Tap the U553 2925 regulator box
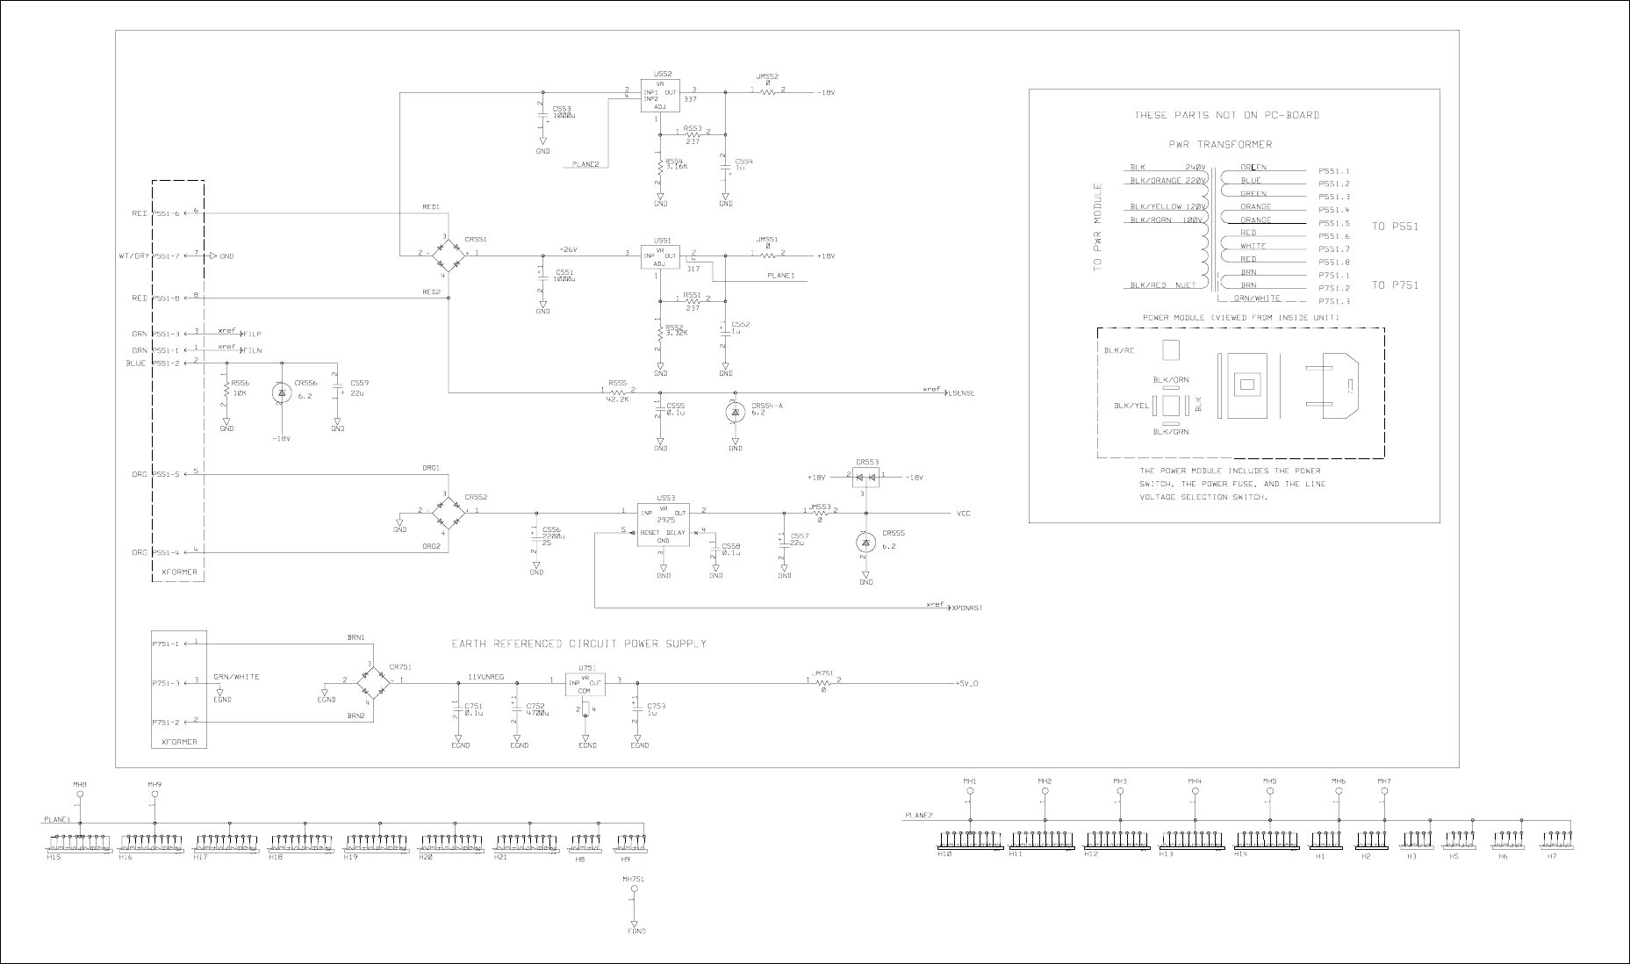tap(664, 523)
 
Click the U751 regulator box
tap(585, 686)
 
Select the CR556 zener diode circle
tap(282, 393)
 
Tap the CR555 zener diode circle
tap(865, 544)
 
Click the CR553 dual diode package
tap(866, 478)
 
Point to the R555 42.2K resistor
tap(618, 392)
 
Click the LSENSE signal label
tap(960, 393)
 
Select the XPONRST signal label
tap(966, 608)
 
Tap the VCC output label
tap(963, 513)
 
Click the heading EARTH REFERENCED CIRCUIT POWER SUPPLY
tap(578, 644)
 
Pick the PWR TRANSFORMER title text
tap(1220, 144)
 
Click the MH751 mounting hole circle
tap(634, 889)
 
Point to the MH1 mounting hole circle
tap(970, 791)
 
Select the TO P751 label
tap(1395, 284)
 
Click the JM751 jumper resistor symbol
tap(823, 681)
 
